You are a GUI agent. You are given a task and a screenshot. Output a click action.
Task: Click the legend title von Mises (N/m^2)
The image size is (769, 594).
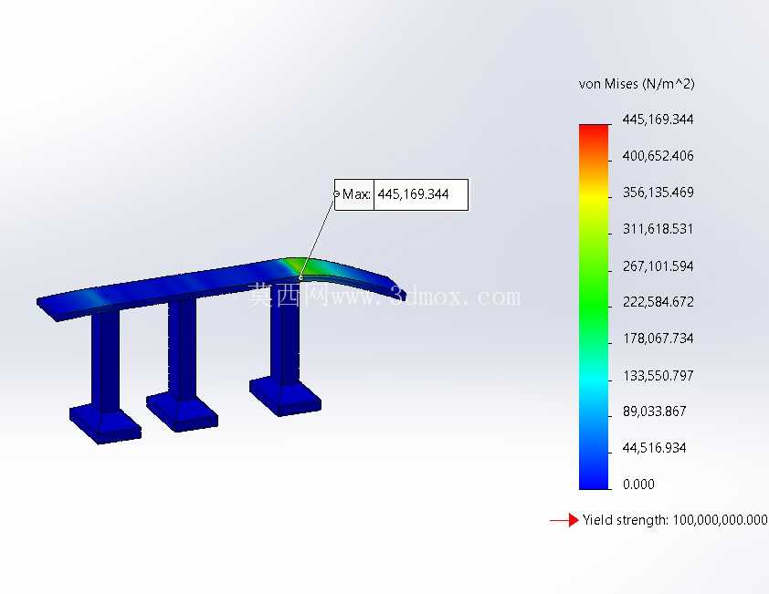tap(637, 84)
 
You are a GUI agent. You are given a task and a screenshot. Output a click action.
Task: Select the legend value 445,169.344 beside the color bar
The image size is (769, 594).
tap(658, 120)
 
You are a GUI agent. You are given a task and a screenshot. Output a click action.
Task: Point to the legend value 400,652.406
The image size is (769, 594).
tap(658, 156)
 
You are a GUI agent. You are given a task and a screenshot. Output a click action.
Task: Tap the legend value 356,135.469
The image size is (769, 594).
tap(658, 193)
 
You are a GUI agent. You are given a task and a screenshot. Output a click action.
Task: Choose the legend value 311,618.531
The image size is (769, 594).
tap(658, 229)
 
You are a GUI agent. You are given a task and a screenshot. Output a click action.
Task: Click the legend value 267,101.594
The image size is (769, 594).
tap(658, 266)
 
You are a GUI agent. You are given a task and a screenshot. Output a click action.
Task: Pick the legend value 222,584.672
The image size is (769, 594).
tap(658, 302)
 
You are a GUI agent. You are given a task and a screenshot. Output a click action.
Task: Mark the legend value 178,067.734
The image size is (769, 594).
tap(658, 339)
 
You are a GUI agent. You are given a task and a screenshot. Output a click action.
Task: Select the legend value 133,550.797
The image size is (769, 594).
tap(658, 376)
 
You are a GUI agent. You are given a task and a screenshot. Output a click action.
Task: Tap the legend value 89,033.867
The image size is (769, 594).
tap(654, 412)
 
